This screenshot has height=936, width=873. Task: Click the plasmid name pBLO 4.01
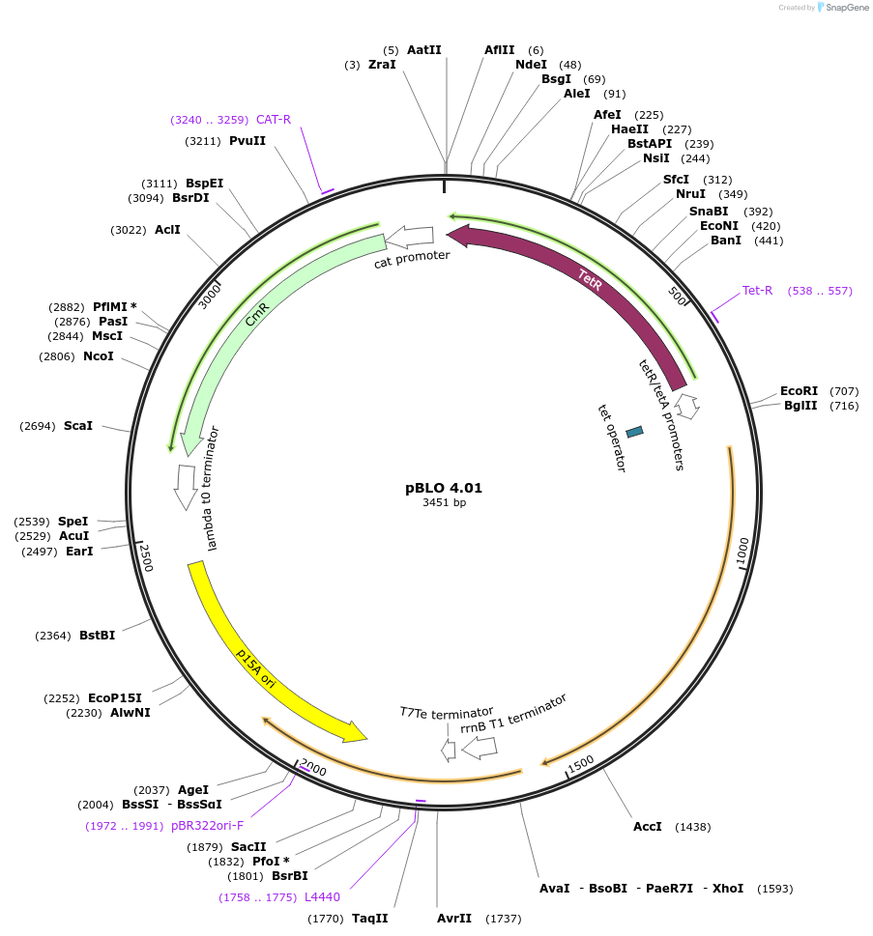point(444,488)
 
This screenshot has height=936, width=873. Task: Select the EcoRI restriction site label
point(805,391)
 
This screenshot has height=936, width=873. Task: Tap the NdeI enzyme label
point(531,65)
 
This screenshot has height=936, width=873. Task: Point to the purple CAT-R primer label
point(274,120)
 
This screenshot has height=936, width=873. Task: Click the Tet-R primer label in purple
point(758,291)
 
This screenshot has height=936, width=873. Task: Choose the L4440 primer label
point(322,897)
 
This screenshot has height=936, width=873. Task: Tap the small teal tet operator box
point(634,432)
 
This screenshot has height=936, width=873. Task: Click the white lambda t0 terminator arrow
point(185,487)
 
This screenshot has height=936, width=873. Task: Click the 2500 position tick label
point(147,557)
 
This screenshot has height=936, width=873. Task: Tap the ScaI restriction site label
point(78,426)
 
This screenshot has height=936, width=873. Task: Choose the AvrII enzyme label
point(453,919)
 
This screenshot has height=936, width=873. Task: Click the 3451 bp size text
point(444,503)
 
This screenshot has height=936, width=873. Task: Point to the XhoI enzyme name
point(728,888)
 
